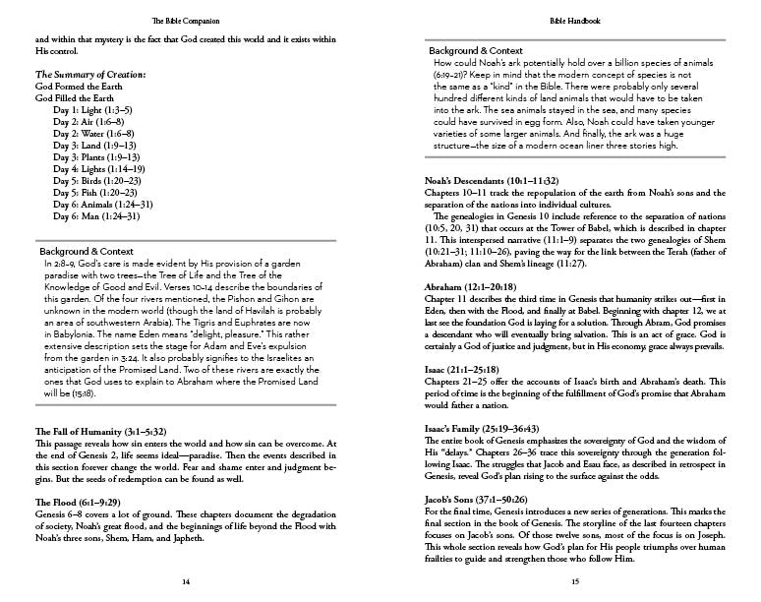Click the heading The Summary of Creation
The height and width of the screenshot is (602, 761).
[x=90, y=75]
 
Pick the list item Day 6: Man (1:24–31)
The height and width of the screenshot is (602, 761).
[x=103, y=215]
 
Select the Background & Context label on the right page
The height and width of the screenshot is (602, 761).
[x=475, y=49]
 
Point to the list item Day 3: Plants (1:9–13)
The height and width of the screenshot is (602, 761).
[x=103, y=156]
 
